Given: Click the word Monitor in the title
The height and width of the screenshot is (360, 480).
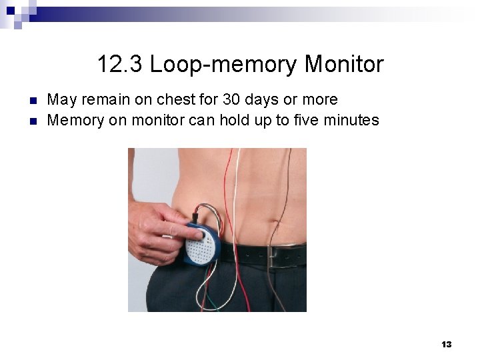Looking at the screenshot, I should (343, 65).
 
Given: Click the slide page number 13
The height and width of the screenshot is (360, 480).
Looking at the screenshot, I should (446, 344).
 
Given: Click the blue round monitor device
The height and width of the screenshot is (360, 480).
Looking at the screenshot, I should (204, 244).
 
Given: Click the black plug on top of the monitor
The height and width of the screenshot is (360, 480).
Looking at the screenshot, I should (195, 217).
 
